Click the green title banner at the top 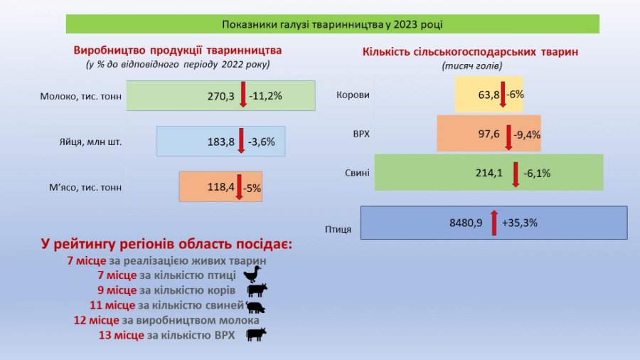pos(332,24)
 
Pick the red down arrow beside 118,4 pos(240,187)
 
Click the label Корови pos(353,95)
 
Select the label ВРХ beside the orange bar pos(361,133)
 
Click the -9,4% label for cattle pos(526,134)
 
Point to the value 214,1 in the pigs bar pos(489,173)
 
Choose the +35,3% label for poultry pos(520,223)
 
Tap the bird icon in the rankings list pos(252,275)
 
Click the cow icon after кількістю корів pos(257,290)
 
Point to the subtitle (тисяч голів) pos(471,65)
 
